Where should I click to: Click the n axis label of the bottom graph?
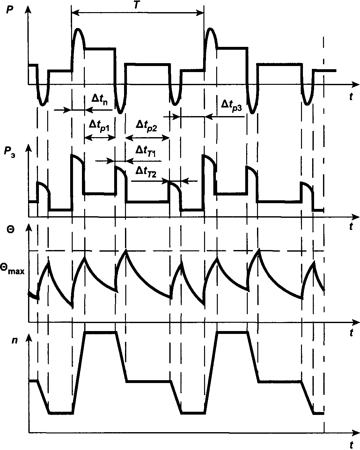pos(14,340)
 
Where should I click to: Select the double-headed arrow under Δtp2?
pos(147,138)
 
